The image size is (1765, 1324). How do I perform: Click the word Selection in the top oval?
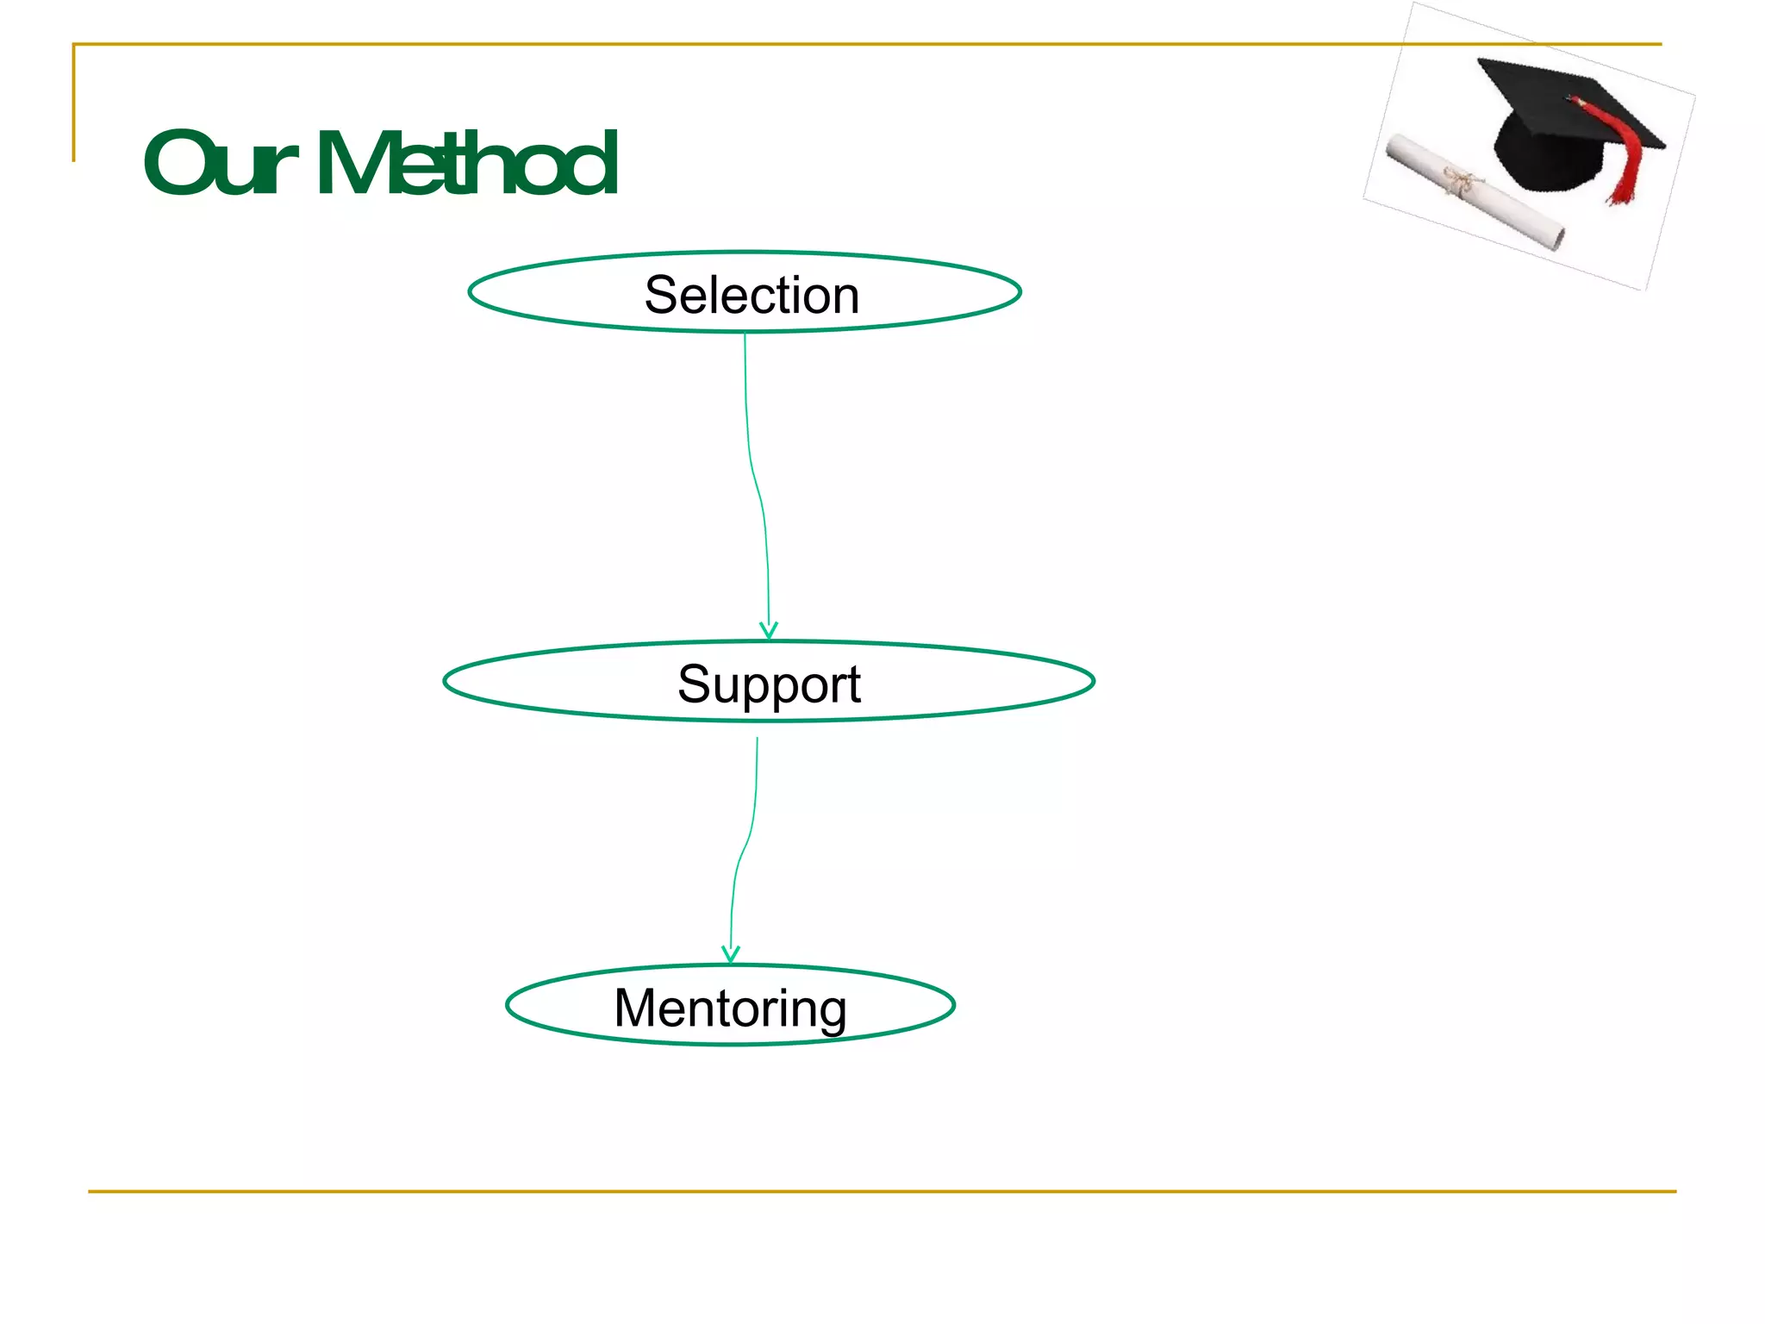coord(752,295)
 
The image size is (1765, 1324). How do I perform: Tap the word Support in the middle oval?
coord(769,684)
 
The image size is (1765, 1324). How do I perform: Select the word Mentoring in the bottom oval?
coord(730,1008)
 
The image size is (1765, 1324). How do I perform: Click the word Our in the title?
coord(220,163)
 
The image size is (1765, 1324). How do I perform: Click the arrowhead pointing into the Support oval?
coord(769,632)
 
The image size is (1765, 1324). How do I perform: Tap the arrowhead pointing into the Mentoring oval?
coord(731,954)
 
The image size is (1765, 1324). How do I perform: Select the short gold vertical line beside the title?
coord(74,103)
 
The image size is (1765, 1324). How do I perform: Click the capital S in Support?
coord(694,684)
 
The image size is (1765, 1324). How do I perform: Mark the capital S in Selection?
coord(661,295)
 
